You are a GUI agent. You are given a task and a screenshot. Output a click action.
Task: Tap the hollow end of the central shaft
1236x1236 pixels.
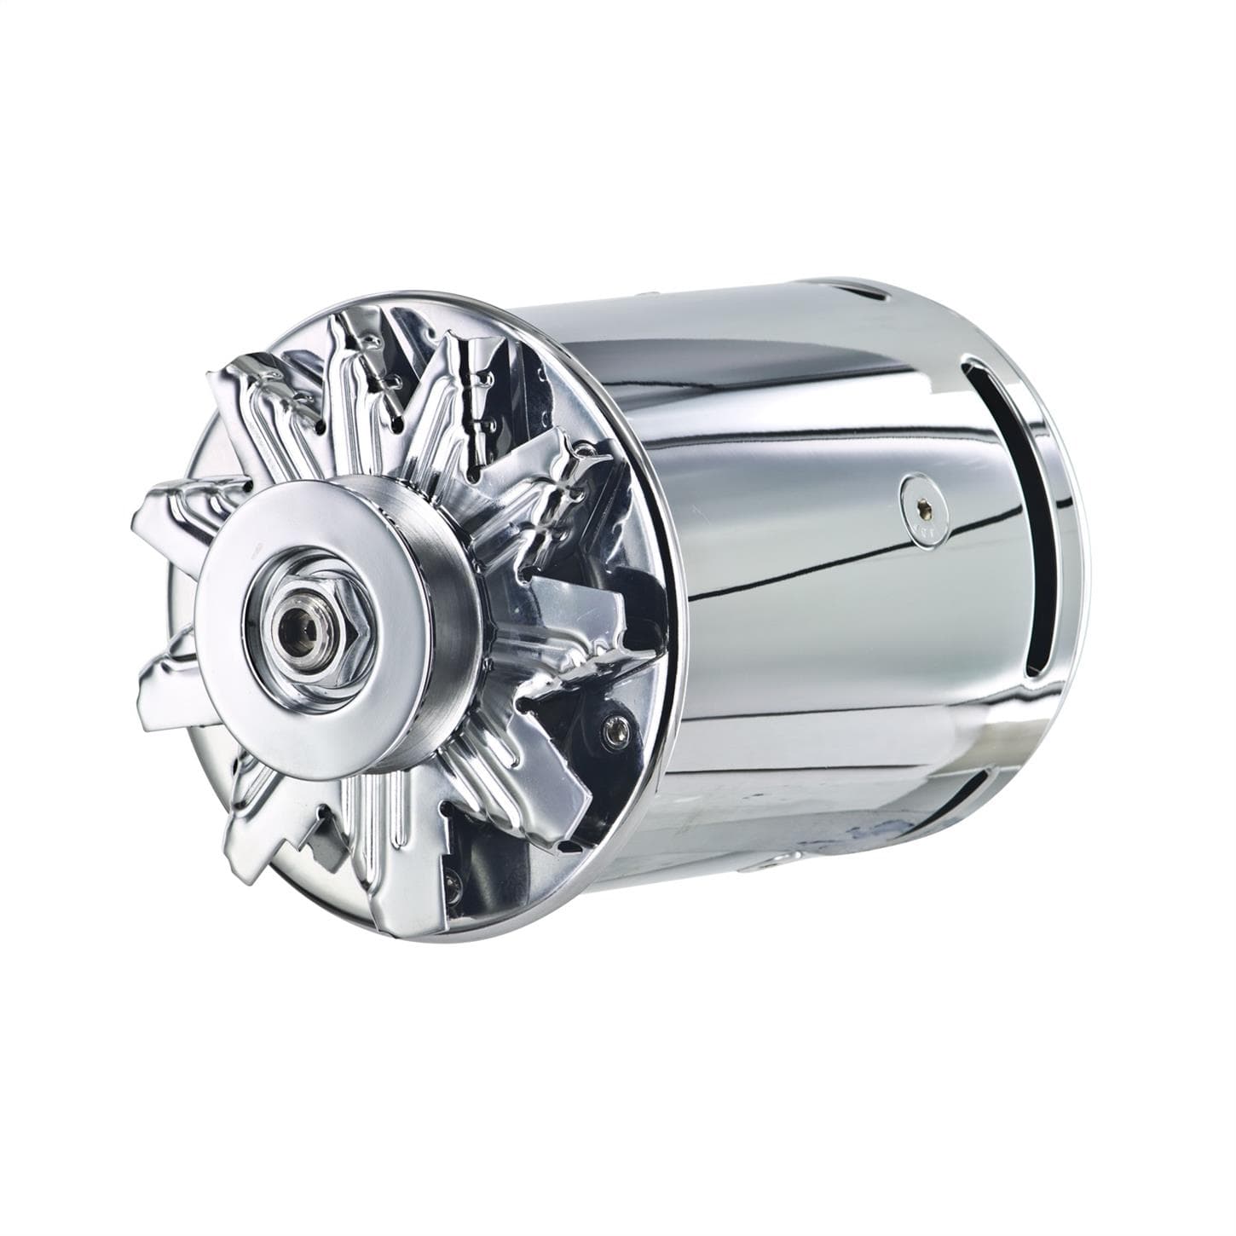click(301, 627)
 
